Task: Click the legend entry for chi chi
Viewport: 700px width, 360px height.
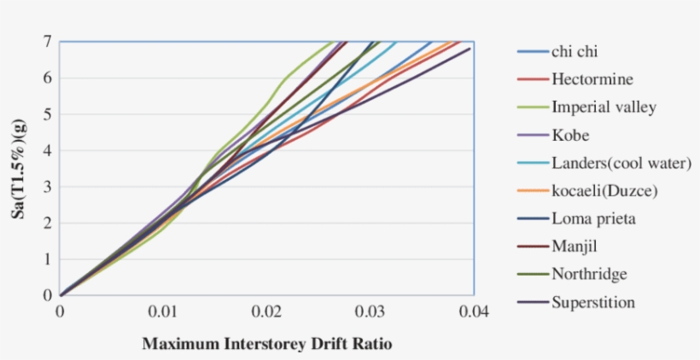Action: click(575, 52)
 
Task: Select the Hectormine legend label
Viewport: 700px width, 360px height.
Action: click(592, 79)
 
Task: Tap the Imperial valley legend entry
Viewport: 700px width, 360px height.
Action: click(604, 107)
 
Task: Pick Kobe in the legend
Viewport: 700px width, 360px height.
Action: click(570, 135)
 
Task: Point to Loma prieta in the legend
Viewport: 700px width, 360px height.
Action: click(593, 218)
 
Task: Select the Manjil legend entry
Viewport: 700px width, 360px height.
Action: click(574, 247)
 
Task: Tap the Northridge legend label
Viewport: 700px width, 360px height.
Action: click(589, 274)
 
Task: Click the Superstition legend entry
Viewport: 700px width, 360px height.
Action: click(592, 302)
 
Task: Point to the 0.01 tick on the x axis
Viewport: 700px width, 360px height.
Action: click(164, 311)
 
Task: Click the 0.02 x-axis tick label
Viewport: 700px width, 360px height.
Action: click(267, 311)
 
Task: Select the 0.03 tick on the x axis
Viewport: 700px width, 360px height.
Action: click(370, 311)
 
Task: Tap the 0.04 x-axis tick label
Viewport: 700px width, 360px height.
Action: click(474, 311)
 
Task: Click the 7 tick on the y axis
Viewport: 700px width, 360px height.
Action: click(48, 41)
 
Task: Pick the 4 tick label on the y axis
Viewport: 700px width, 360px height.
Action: click(48, 150)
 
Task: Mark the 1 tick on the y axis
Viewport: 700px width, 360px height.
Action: click(48, 258)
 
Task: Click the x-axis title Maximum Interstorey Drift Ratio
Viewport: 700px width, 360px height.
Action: click(267, 344)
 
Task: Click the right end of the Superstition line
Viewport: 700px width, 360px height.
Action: click(470, 49)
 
